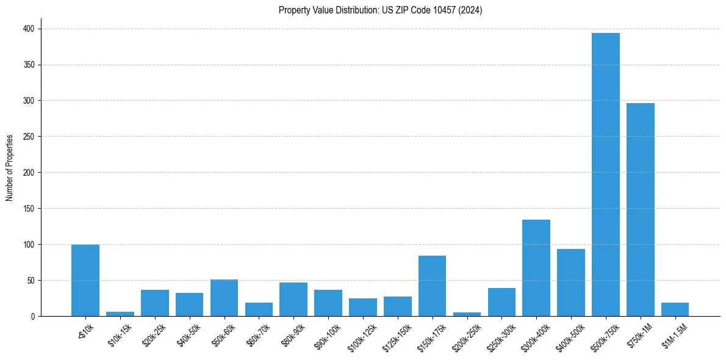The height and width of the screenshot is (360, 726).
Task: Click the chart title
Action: tap(380, 10)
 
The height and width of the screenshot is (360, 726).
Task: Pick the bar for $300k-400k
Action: tap(536, 268)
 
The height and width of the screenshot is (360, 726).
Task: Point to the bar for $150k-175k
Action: tap(433, 286)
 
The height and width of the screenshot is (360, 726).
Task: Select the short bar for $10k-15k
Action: tap(120, 314)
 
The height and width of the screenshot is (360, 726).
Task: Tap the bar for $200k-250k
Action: tap(467, 314)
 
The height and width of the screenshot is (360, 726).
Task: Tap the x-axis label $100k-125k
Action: tap(360, 334)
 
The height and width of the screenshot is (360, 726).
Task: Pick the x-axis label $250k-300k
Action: tap(499, 334)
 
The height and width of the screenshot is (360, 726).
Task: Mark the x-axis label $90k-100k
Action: tap(326, 334)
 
